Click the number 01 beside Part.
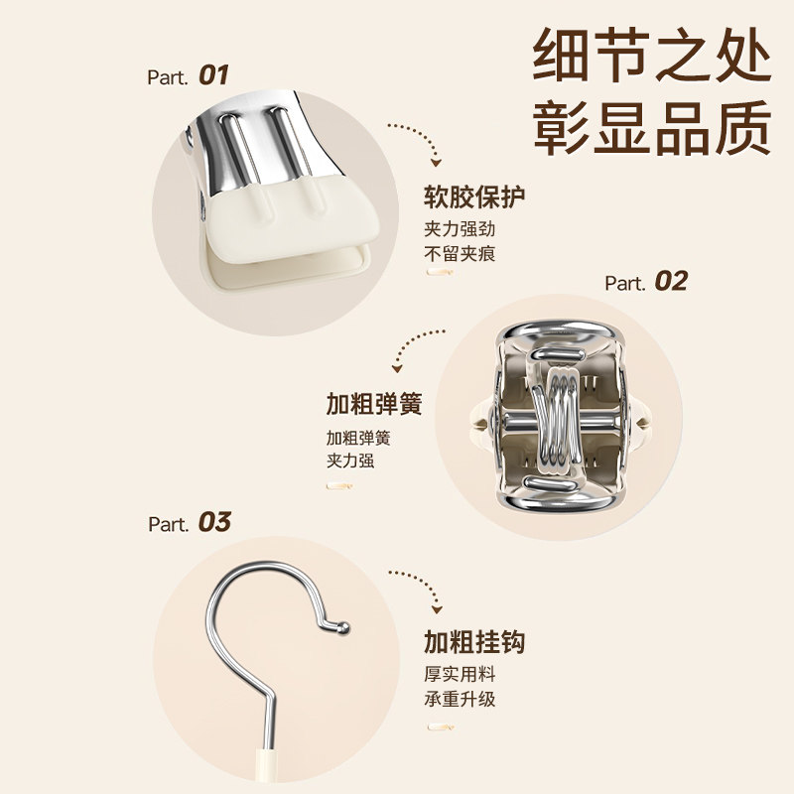point(213,75)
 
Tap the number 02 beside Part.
point(671,282)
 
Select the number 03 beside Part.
point(214,522)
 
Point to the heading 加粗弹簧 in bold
point(374,405)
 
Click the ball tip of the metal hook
point(343,626)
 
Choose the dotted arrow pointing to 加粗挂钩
point(418,587)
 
